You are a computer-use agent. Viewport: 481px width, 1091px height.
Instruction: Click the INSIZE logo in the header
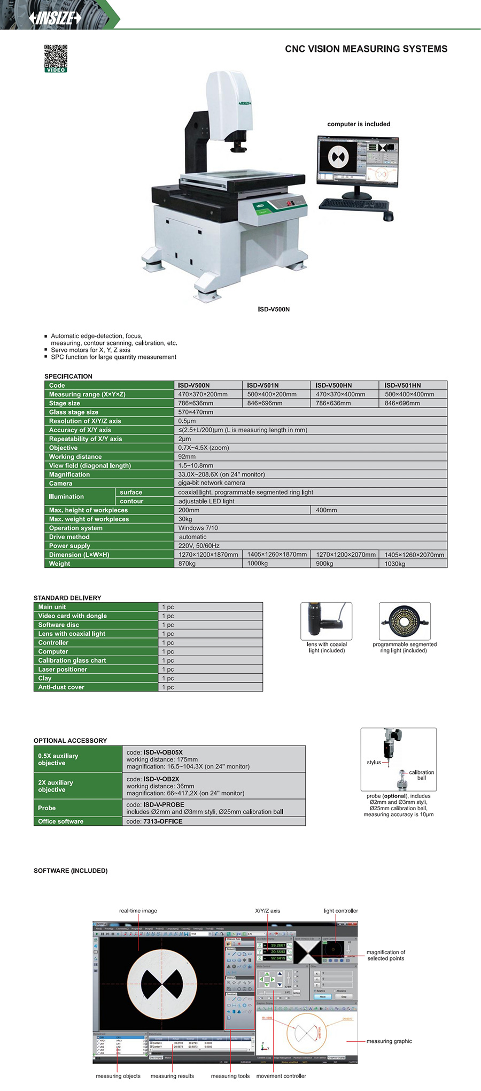(x=56, y=18)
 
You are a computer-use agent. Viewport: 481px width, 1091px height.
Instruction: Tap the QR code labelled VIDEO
(x=56, y=57)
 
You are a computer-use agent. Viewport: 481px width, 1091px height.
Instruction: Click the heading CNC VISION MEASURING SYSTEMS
(x=366, y=49)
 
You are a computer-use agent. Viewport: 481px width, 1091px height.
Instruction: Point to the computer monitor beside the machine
(x=358, y=160)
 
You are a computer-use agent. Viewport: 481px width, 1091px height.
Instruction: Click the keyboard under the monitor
(x=353, y=205)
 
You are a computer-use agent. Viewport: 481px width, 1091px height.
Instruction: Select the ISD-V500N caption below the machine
(x=274, y=309)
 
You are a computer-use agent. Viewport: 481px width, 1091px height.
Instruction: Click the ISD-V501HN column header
(x=402, y=385)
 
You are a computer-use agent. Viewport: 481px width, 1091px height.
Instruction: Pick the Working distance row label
(x=75, y=457)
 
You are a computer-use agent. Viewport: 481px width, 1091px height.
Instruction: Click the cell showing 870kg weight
(x=187, y=564)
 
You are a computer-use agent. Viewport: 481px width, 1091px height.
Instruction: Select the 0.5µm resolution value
(x=187, y=421)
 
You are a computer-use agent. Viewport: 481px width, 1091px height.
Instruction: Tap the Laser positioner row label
(x=63, y=670)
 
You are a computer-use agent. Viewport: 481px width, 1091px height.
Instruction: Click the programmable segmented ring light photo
(x=405, y=621)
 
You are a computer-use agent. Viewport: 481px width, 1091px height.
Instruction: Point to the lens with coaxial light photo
(x=326, y=621)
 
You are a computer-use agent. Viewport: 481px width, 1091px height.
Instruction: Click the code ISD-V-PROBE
(x=164, y=804)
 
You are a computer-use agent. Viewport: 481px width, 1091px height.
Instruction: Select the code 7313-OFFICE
(x=162, y=821)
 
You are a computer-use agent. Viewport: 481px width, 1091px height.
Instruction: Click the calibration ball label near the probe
(x=421, y=775)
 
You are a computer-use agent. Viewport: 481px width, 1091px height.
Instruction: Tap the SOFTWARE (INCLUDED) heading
(x=71, y=871)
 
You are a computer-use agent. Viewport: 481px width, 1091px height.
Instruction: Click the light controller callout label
(x=340, y=911)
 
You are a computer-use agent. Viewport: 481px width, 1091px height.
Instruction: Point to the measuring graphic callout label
(x=389, y=1041)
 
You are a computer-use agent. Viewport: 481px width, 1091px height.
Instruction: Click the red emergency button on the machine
(x=291, y=203)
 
